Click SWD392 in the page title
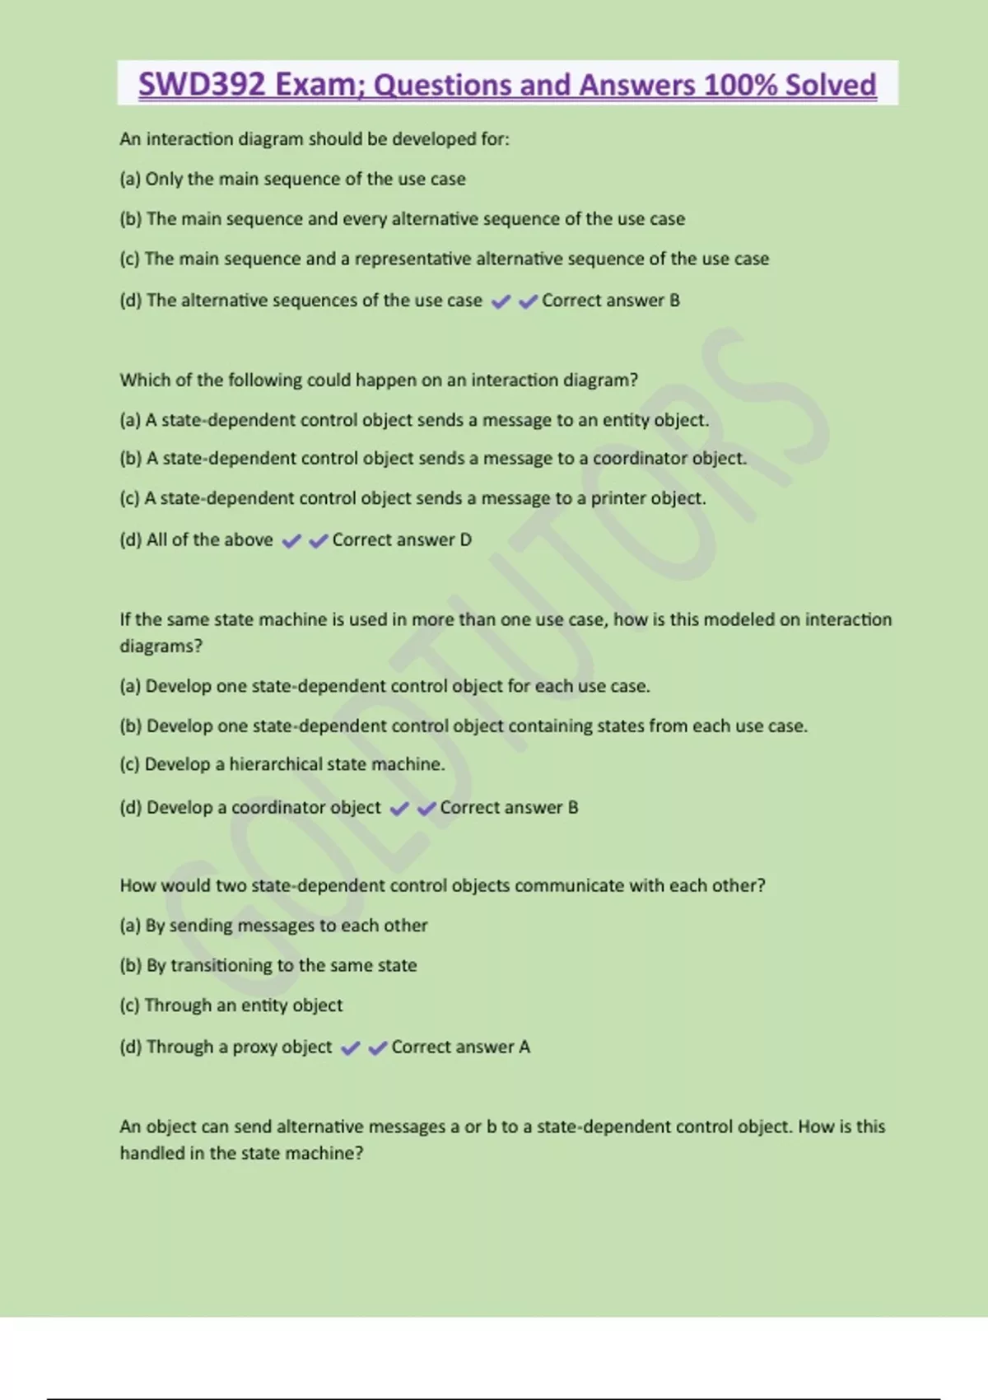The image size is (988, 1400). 202,85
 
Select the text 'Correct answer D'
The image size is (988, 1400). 401,540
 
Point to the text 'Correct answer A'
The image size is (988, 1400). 460,1047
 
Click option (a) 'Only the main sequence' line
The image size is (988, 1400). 292,179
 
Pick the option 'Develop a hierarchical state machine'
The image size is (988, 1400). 282,764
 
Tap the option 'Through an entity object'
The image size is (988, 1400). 231,1005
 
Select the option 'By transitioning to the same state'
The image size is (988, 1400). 268,965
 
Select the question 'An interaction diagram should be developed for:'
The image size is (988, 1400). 315,139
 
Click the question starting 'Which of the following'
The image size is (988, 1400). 379,380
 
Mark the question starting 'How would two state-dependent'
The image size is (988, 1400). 442,885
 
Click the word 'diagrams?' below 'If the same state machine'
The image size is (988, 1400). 161,646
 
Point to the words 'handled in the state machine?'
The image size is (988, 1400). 241,1153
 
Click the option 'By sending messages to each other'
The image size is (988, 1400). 273,926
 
